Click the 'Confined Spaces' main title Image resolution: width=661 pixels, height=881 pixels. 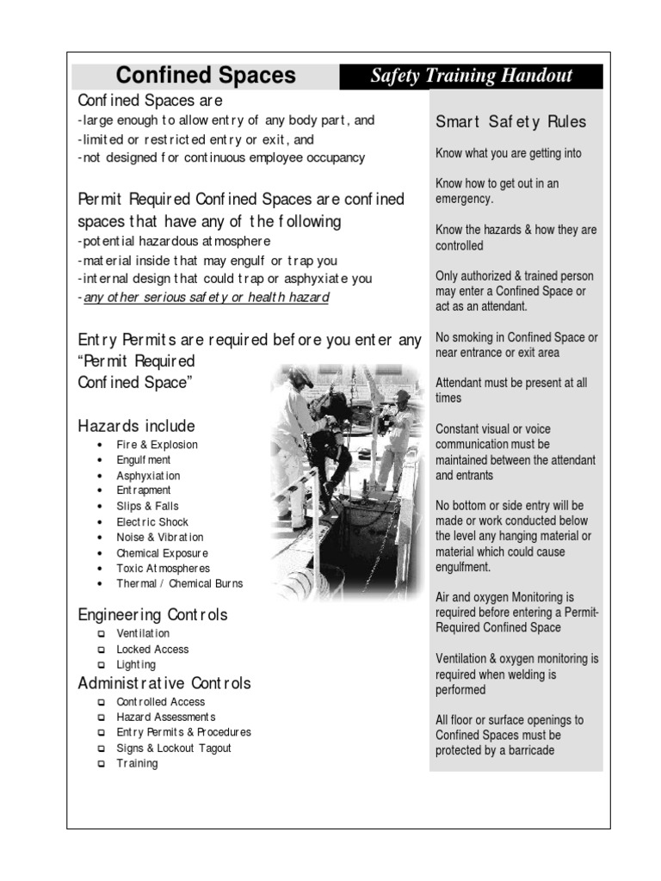click(206, 76)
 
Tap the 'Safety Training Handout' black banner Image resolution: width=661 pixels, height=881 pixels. click(471, 76)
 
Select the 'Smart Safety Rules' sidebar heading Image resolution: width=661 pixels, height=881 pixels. click(510, 121)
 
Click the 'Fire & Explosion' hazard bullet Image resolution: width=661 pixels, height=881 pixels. click(158, 445)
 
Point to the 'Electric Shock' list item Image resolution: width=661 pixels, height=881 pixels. click(152, 522)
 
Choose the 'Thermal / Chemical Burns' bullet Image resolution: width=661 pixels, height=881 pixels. click(180, 584)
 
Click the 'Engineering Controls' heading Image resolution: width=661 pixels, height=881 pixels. click(152, 615)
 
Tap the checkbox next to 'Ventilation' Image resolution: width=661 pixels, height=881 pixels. click(101, 634)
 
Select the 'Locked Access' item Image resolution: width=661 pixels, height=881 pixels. click(152, 650)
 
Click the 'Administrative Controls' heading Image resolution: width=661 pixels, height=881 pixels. click(164, 684)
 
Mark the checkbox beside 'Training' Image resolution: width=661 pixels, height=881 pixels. click(101, 764)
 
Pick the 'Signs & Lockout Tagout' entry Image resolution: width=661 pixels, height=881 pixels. click(174, 749)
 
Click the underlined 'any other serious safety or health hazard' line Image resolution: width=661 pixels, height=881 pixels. click(206, 298)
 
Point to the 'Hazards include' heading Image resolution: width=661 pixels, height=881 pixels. click(136, 426)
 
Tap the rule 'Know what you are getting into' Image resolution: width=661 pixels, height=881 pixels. click(508, 154)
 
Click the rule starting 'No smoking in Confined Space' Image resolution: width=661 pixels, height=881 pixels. click(516, 345)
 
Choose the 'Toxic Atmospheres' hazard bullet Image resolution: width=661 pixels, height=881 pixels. click(163, 569)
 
